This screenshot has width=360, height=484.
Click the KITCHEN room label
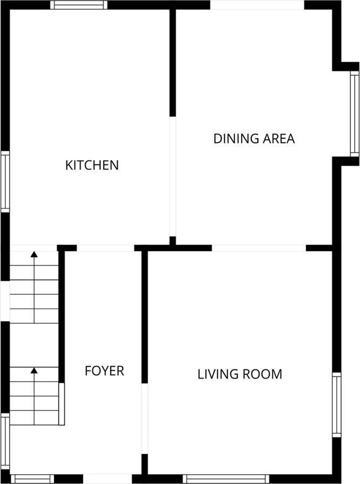pos(92,165)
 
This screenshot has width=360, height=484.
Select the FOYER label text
pos(104,371)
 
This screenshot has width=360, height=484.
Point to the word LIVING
pos(218,374)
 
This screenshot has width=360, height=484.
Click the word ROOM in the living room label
pos(262,374)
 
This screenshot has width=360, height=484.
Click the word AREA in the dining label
pos(278,138)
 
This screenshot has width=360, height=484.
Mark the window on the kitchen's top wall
pos(79,5)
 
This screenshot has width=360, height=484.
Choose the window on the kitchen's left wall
pos(5,182)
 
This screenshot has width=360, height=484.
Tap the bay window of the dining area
pos(355,114)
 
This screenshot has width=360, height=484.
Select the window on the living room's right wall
pos(337,405)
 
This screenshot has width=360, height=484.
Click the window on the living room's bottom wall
pos(226,479)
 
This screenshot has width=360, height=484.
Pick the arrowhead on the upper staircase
pos(34,254)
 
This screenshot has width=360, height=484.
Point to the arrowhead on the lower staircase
pos(34,370)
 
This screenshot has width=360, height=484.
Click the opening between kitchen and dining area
pos(173,176)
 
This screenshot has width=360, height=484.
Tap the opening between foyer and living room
pos(145,419)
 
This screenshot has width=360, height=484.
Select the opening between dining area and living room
pos(259,248)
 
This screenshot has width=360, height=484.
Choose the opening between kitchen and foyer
pos(105,248)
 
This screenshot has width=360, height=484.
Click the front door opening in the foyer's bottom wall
pos(108,479)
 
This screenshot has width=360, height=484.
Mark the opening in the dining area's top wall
pos(257,5)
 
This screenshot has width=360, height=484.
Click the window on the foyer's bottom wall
pos(32,479)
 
